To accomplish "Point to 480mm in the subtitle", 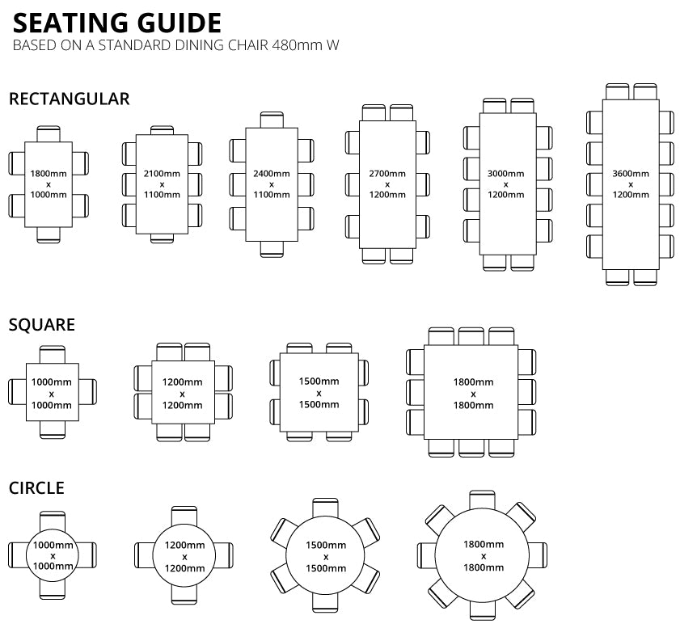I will (289, 45).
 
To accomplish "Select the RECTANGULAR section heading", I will (69, 99).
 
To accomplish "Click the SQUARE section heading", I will (42, 325).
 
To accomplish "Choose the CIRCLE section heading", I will (36, 488).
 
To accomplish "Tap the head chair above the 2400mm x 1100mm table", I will (272, 120).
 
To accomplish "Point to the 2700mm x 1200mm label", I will (387, 184).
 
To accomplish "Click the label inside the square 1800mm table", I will (473, 393).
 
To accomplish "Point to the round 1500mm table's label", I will (326, 556).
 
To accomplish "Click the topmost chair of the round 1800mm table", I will (482, 497).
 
